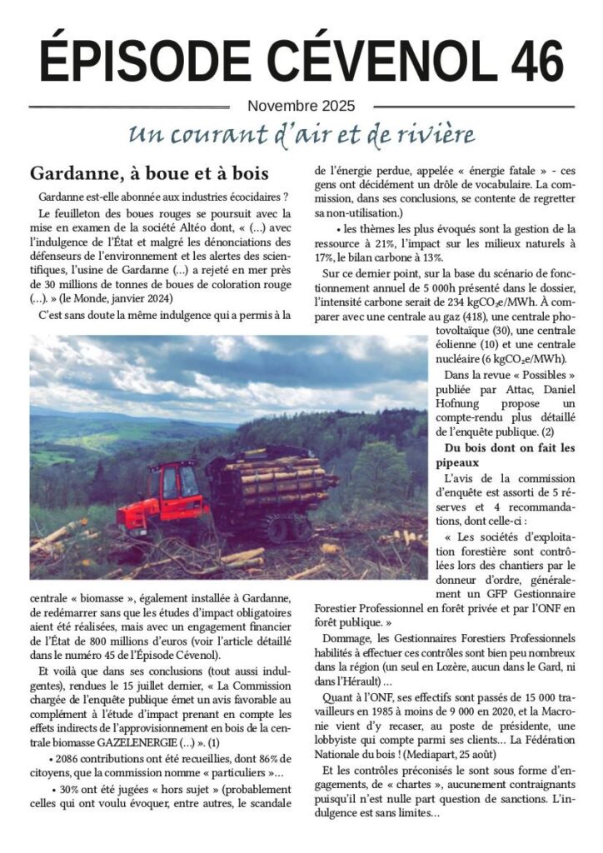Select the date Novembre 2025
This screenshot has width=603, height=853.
301,106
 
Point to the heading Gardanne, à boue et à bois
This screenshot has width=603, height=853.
149,174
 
